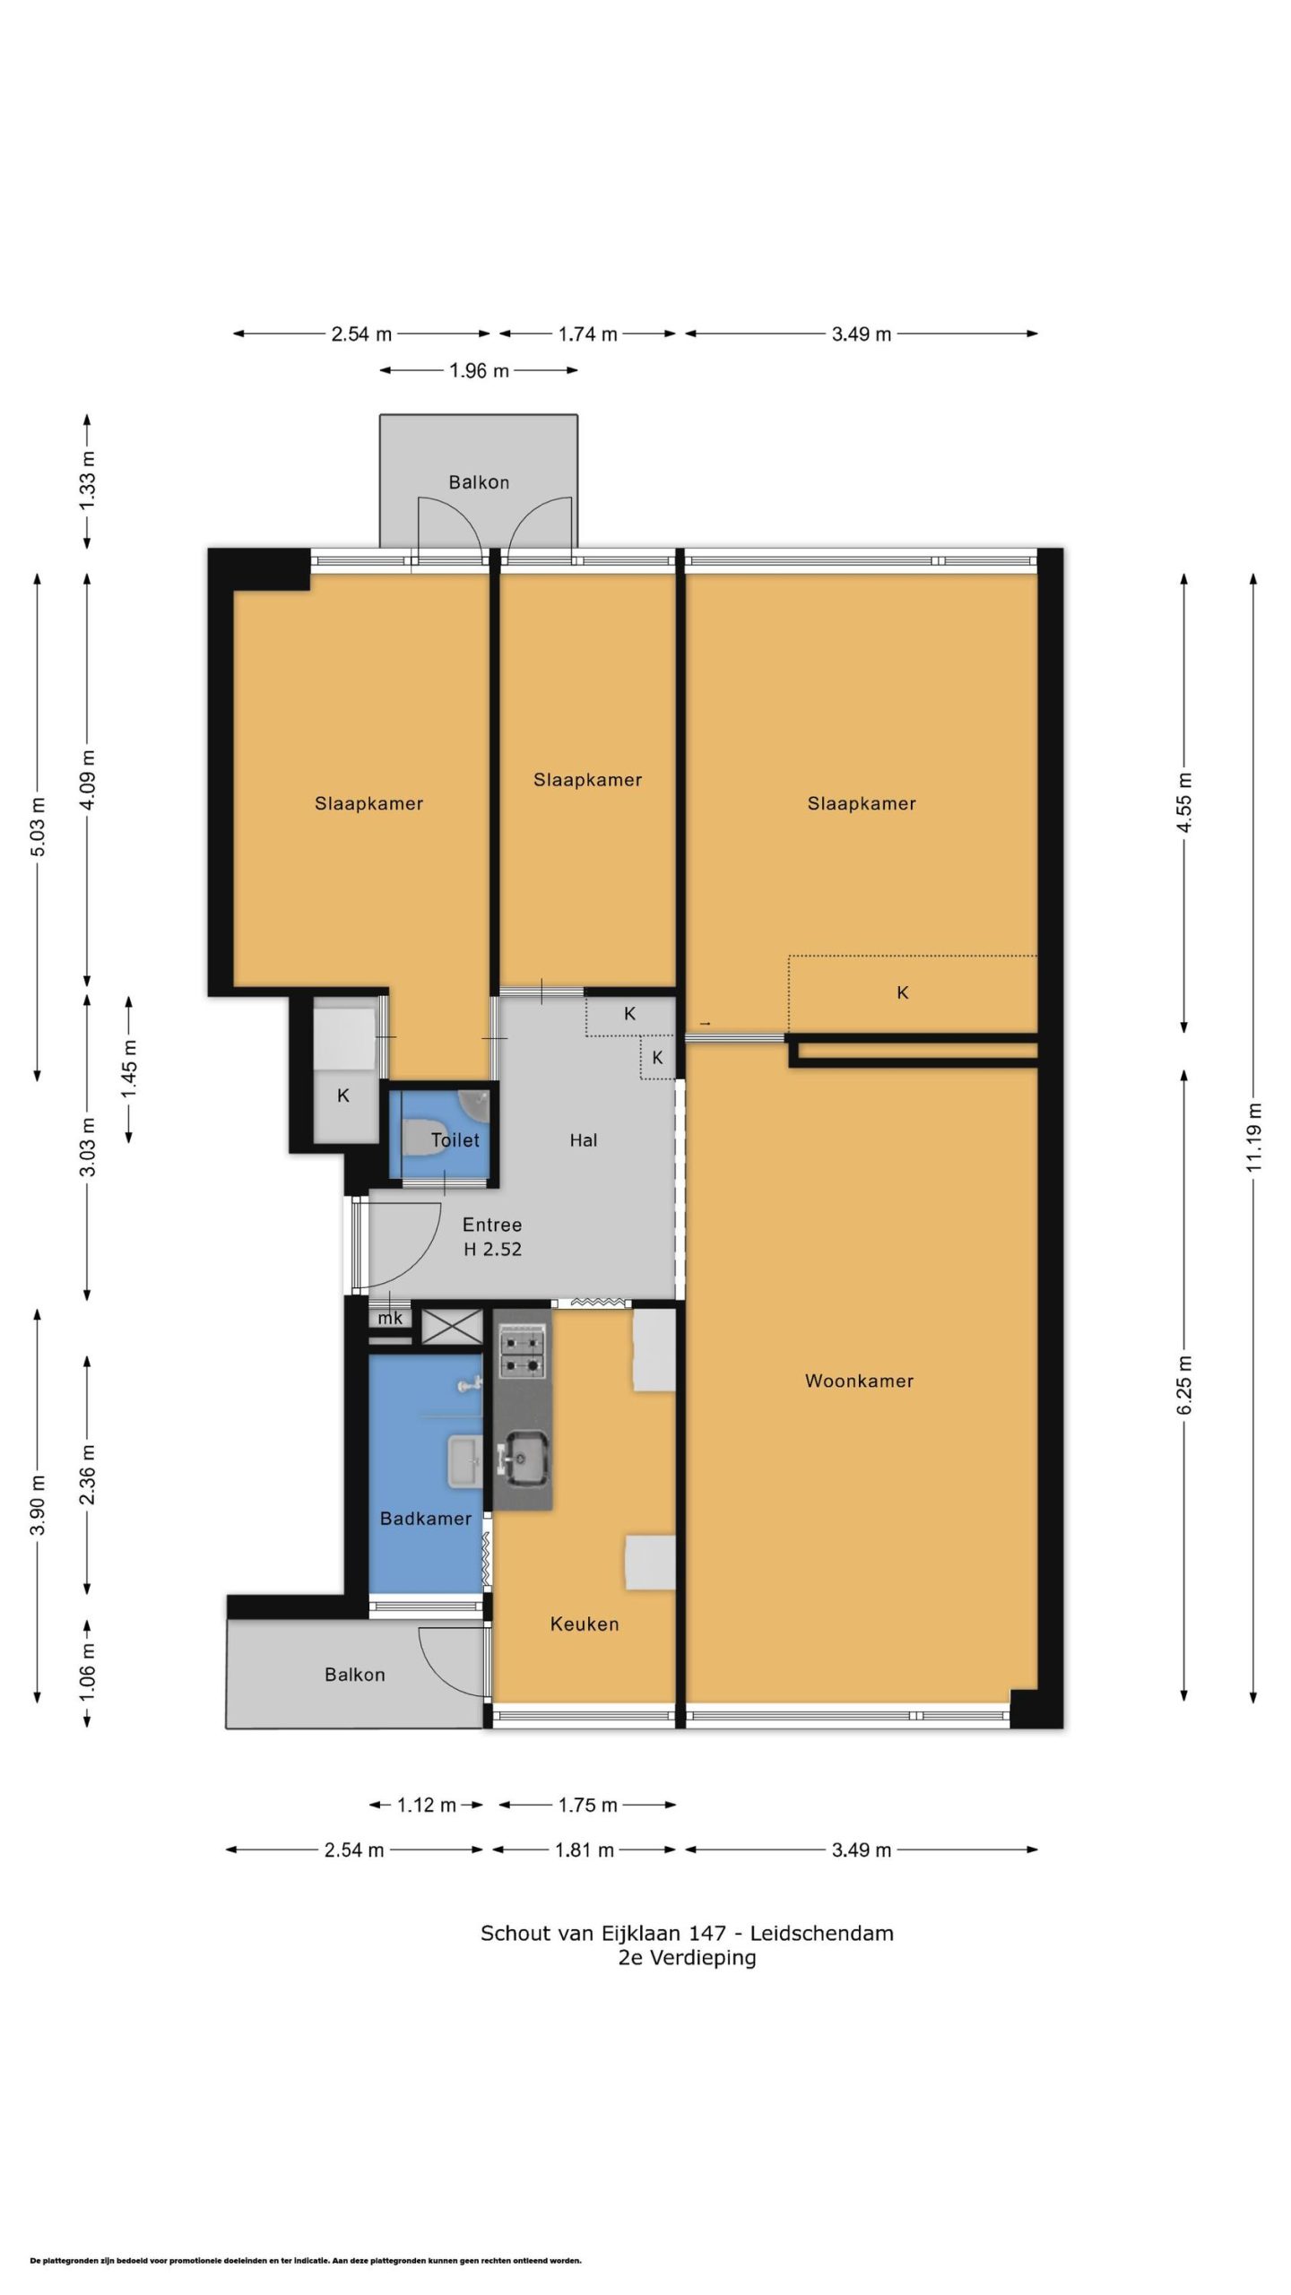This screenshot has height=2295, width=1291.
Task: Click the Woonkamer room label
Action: tap(859, 1381)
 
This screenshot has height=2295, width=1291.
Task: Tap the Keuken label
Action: tap(585, 1624)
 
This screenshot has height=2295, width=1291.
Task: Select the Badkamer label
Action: tap(426, 1519)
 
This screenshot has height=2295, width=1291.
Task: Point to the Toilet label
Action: tap(455, 1140)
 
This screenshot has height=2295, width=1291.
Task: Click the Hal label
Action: tap(584, 1140)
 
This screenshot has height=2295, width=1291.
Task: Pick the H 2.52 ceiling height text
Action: tap(492, 1250)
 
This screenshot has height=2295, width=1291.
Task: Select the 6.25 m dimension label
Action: tap(1184, 1386)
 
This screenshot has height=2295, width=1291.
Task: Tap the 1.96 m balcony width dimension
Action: tap(479, 370)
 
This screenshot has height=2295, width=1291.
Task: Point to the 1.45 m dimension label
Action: tap(129, 1069)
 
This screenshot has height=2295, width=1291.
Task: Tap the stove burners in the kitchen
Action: tap(523, 1355)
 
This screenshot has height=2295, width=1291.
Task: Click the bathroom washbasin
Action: tap(464, 1462)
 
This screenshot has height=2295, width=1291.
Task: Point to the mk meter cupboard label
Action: tap(390, 1319)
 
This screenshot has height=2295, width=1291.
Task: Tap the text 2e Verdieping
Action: tap(687, 1958)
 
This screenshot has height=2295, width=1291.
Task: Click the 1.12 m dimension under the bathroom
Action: tap(427, 1806)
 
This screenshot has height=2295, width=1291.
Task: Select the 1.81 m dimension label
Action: tap(585, 1850)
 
